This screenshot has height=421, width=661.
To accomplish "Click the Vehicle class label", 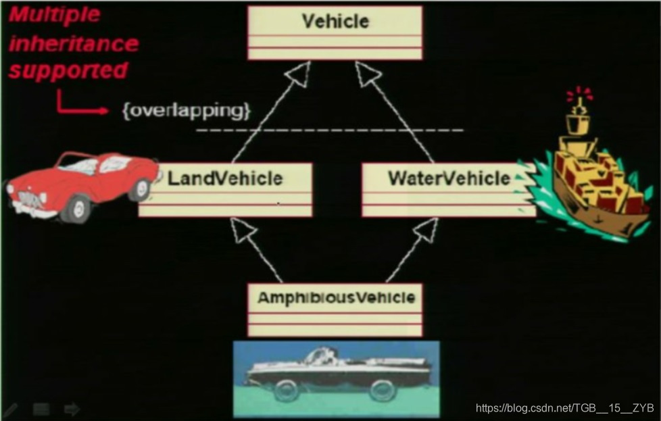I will point(335,21).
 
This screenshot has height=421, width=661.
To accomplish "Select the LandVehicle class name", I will point(225,178).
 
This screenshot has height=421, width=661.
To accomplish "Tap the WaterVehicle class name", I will point(449,178).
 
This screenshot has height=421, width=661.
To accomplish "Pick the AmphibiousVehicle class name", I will point(335,297).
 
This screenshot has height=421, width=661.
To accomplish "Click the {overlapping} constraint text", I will point(186,110).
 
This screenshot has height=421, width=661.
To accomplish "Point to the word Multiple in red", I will point(54,15).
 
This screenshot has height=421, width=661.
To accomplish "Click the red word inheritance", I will point(73,44).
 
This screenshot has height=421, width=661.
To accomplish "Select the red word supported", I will point(68,70).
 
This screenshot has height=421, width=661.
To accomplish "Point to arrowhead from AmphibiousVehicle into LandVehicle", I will point(245,230).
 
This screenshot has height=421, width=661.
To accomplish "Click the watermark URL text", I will point(564,408).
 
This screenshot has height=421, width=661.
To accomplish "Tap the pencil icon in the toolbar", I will point(10,409).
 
